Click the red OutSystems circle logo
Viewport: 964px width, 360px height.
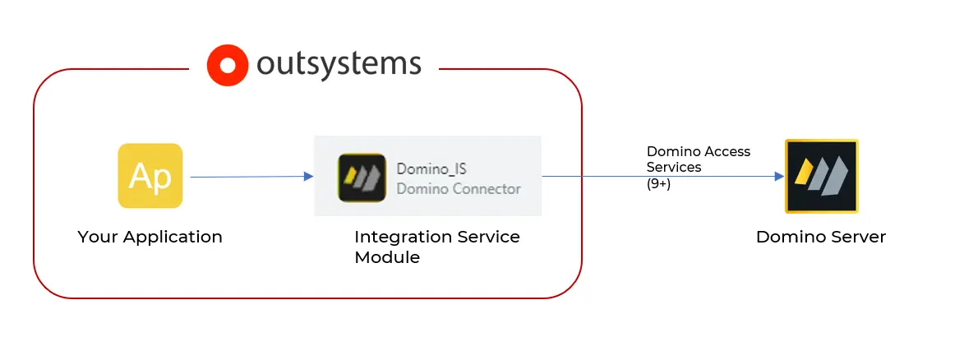(x=226, y=66)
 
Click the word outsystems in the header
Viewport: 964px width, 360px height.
(x=339, y=65)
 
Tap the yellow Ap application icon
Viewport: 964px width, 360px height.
(x=150, y=176)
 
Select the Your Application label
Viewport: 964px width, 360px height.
(x=150, y=238)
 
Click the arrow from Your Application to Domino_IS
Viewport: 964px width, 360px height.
(x=247, y=176)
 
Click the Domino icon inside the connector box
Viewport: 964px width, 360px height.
(x=362, y=178)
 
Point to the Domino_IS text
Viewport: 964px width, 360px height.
(x=431, y=168)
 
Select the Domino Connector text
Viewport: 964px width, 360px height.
(x=459, y=189)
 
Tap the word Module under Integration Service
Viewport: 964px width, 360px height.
(x=387, y=257)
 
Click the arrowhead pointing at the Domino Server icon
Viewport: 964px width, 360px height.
(x=779, y=176)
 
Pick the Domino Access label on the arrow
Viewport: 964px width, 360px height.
(x=698, y=151)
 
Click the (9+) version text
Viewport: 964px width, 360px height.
(x=658, y=184)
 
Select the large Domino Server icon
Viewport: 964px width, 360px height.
(x=821, y=176)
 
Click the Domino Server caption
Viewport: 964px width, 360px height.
(x=821, y=238)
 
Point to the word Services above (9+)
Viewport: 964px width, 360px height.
(x=674, y=168)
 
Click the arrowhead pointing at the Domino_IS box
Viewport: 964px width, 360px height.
(x=308, y=176)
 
